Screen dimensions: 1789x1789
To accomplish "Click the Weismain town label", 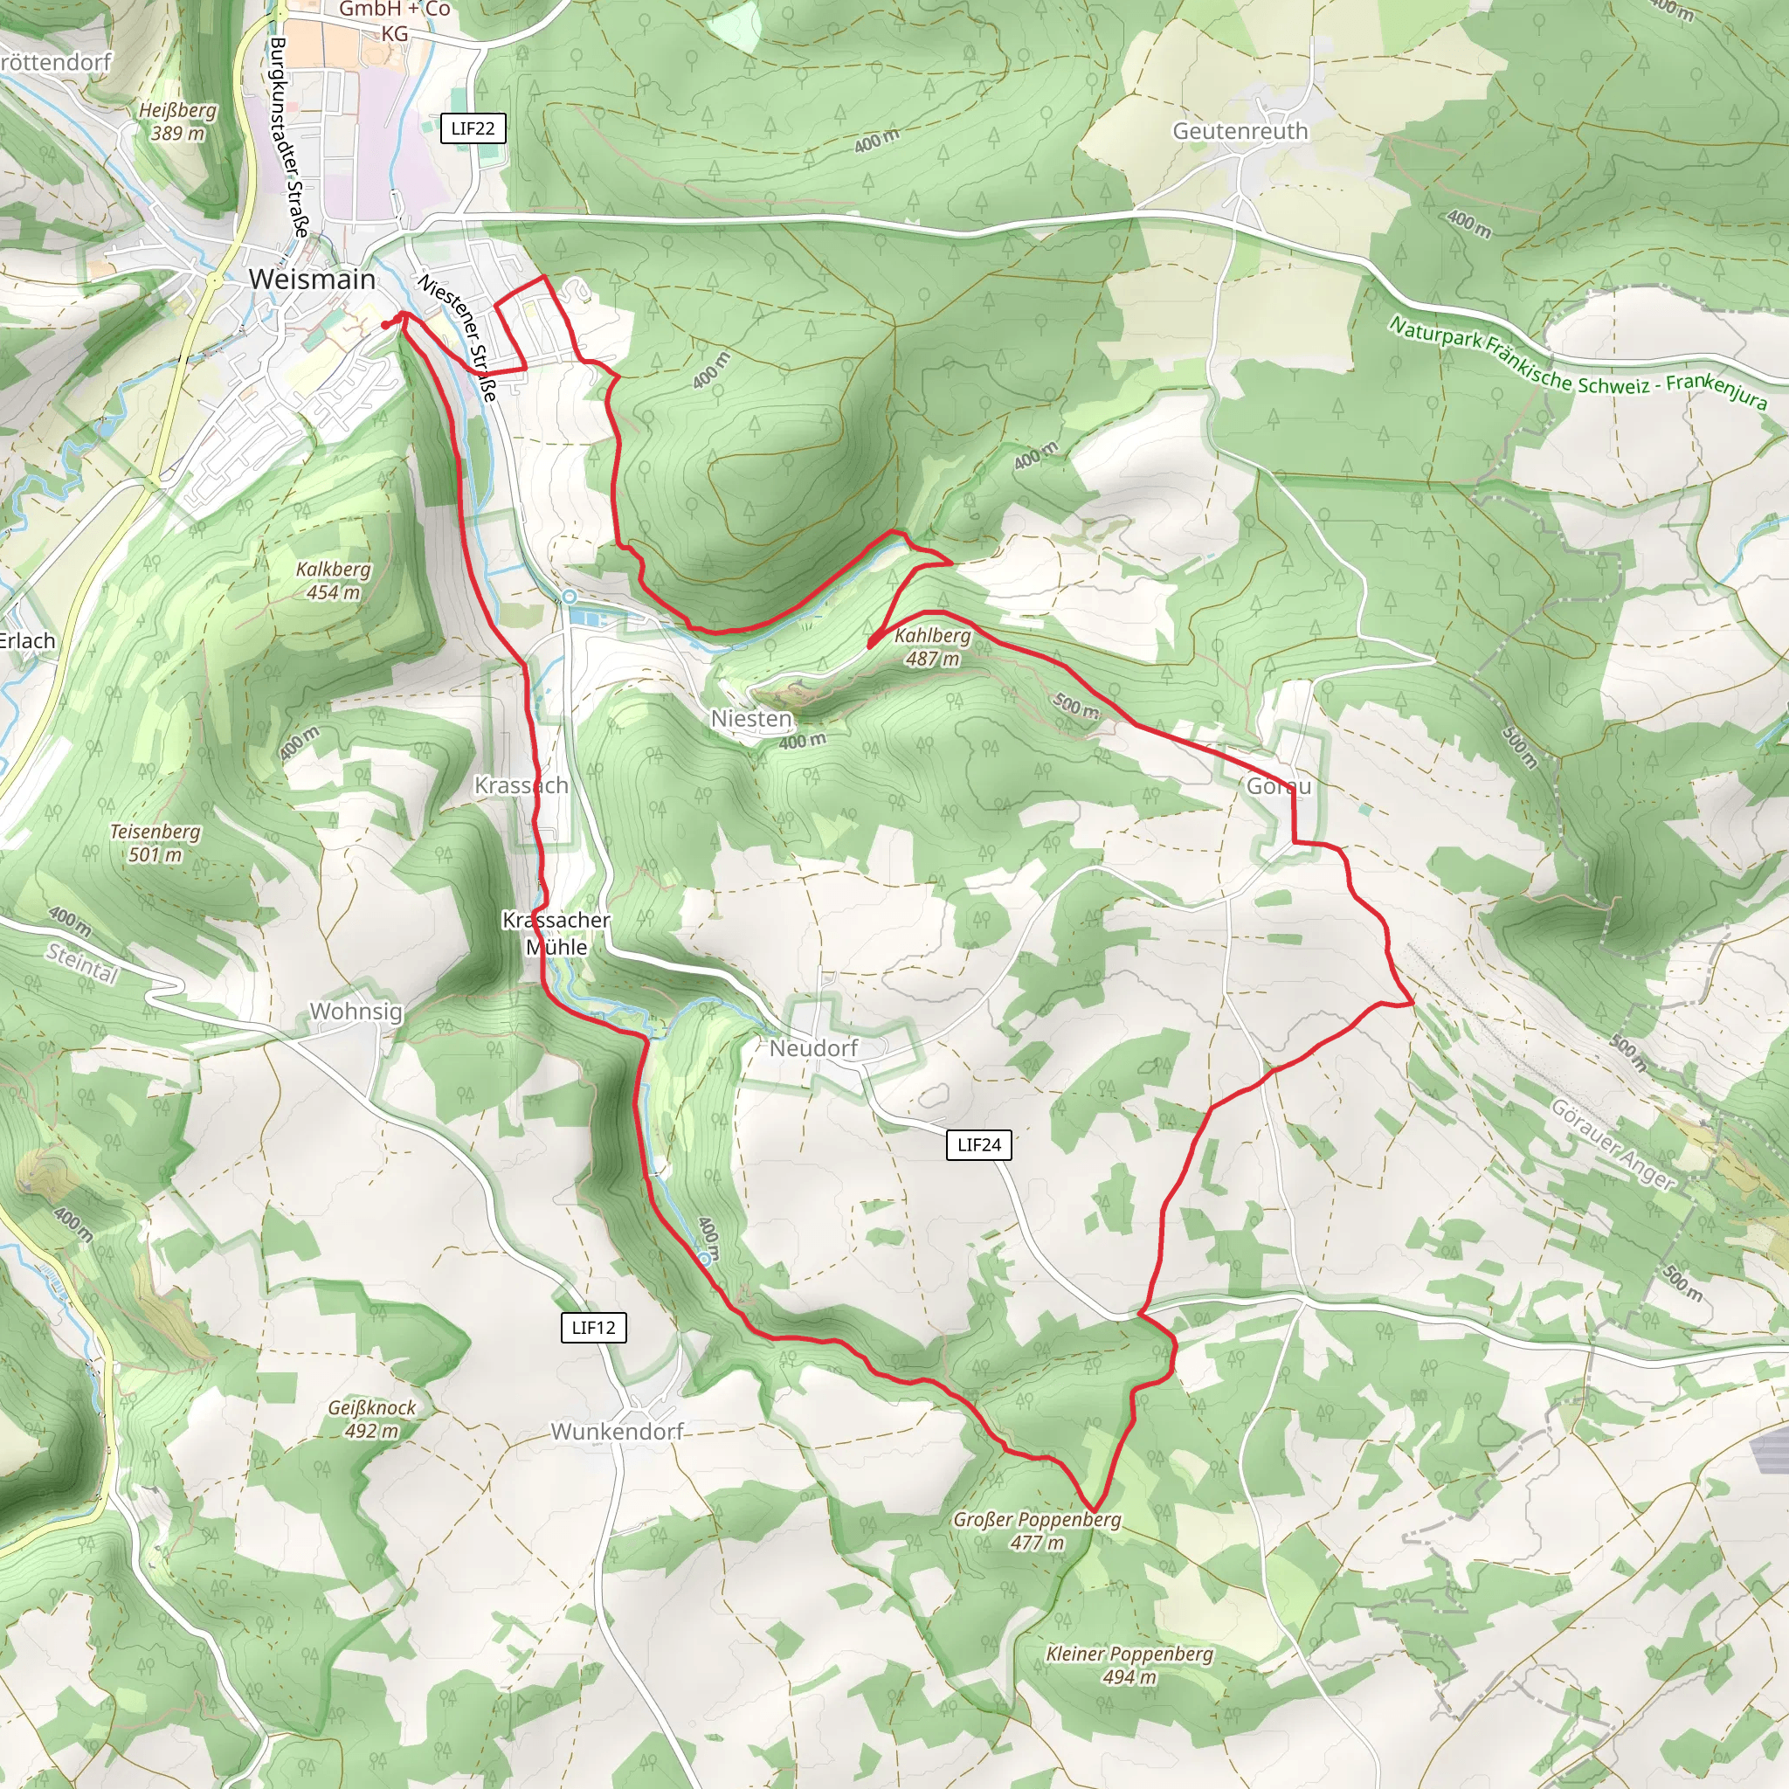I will tap(312, 279).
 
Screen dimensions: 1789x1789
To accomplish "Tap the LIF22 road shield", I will tap(473, 128).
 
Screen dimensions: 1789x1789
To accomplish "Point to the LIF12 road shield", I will tap(593, 1327).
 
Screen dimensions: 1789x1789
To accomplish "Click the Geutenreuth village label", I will tap(1240, 132).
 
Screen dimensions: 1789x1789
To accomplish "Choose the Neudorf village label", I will tap(814, 1048).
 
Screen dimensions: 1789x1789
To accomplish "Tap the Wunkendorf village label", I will tap(617, 1432).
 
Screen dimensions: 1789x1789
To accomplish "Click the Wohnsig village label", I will tap(356, 1012).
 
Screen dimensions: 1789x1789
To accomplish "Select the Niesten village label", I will tap(751, 719).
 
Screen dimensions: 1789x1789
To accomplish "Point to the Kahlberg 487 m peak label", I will tap(932, 647).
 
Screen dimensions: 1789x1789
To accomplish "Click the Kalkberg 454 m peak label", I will tap(334, 581).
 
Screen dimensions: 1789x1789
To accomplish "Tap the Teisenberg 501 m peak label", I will tap(155, 843).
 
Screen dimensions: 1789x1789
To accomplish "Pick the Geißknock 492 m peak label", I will tap(372, 1419).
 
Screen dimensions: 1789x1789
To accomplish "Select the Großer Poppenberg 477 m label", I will tap(1037, 1530).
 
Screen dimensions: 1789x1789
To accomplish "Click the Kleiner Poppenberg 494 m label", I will tap(1129, 1665).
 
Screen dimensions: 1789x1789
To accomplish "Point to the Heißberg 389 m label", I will tap(178, 121).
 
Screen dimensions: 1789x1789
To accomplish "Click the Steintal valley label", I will tap(82, 964).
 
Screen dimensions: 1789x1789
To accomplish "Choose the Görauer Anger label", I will tap(1613, 1144).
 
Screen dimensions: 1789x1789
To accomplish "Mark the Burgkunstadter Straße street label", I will tap(288, 137).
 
